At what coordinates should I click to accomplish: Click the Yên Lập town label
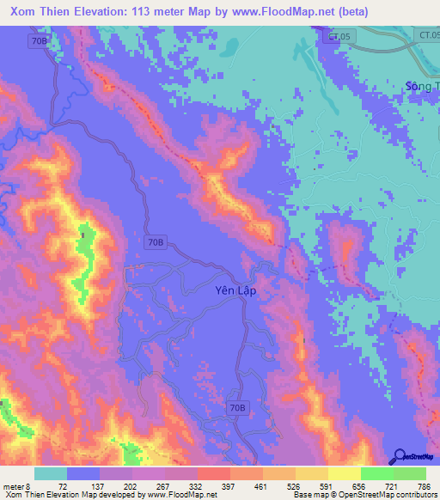pos(235,291)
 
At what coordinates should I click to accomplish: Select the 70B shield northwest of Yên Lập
pos(155,243)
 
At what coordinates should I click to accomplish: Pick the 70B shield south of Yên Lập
pos(238,407)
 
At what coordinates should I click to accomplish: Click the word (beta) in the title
pos(413,12)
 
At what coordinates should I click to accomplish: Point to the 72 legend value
pos(63,486)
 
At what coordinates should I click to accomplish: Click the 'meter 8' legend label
pos(15,486)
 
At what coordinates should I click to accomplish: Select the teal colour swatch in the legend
pos(51,473)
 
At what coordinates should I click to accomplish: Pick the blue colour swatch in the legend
pos(83,473)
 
